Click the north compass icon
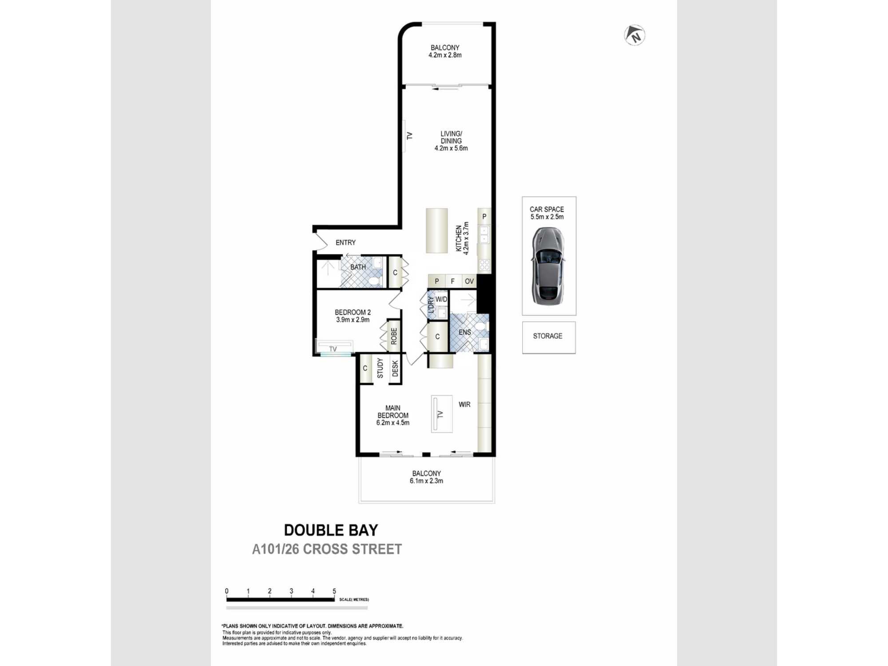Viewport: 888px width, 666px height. click(x=634, y=35)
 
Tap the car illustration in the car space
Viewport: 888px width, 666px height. click(x=548, y=266)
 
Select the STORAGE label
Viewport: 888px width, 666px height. click(x=547, y=336)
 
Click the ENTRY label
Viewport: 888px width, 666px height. click(x=345, y=242)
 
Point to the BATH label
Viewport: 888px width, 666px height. click(x=358, y=267)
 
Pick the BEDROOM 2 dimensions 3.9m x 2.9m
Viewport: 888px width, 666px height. click(x=353, y=320)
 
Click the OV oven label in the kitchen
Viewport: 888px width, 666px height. click(x=469, y=281)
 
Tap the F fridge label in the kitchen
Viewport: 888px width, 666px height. click(x=452, y=281)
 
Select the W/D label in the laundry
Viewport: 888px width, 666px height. click(x=441, y=300)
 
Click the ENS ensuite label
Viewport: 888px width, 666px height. click(x=465, y=332)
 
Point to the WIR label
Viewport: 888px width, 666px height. click(x=464, y=404)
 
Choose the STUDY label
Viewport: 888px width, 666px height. click(x=380, y=368)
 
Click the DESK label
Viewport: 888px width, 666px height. click(x=395, y=369)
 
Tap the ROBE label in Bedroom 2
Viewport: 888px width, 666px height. click(x=394, y=336)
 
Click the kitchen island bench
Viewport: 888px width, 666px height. click(x=437, y=230)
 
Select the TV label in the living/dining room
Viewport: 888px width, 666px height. click(x=409, y=136)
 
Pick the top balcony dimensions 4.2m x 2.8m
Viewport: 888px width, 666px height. click(x=445, y=55)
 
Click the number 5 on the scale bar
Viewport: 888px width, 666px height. click(x=334, y=591)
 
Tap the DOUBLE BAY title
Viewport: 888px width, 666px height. click(x=331, y=530)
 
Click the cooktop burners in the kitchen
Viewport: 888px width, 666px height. click(x=484, y=265)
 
